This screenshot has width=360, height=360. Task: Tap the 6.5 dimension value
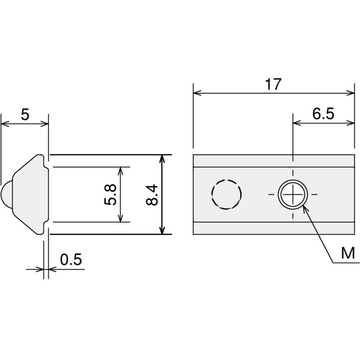[323, 114]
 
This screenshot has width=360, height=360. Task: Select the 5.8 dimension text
[111, 195]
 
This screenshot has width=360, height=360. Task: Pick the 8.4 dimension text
[152, 195]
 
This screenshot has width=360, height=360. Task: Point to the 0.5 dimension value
[71, 260]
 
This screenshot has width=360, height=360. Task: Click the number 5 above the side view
[25, 114]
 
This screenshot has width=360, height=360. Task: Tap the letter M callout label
[348, 253]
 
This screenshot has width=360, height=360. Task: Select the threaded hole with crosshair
[293, 194]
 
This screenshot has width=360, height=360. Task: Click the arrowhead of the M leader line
[305, 208]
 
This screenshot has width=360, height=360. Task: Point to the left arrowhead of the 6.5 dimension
[297, 123]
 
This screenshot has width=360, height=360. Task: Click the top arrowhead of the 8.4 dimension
[162, 159]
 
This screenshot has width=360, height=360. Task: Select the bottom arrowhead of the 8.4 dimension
[162, 230]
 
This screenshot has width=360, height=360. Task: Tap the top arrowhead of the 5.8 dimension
[121, 171]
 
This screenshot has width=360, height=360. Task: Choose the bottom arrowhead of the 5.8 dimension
[121, 218]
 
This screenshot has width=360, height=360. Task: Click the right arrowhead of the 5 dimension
[45, 124]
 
